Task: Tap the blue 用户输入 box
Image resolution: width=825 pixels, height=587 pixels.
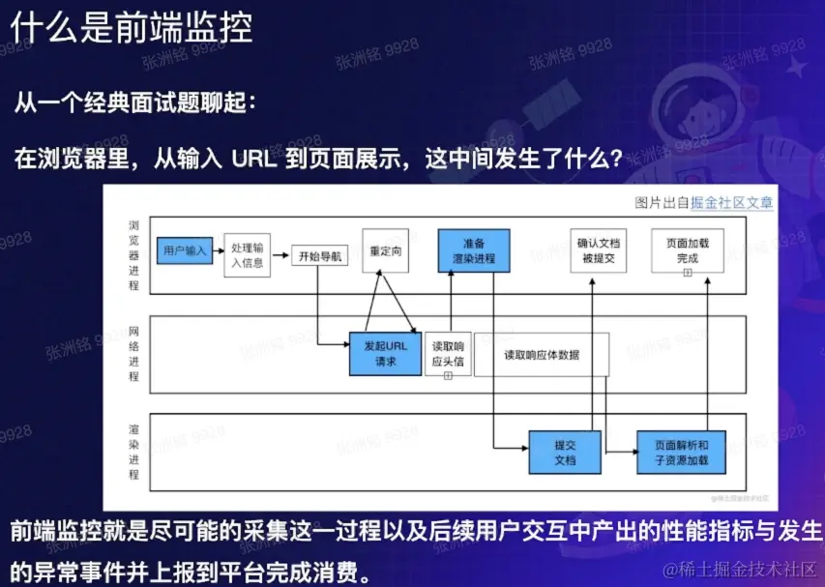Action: coord(185,250)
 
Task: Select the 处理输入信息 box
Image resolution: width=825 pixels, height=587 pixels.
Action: coord(247,254)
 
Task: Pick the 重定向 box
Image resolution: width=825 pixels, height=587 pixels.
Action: coord(387,249)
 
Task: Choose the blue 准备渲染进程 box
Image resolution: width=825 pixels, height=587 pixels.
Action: coord(473,250)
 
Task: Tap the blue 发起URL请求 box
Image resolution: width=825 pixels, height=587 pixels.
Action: coord(386,353)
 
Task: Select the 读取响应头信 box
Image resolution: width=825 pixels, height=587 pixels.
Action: coord(448,354)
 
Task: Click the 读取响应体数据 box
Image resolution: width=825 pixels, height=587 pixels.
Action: coord(542,355)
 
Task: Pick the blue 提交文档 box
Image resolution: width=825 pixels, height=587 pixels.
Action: coord(565,452)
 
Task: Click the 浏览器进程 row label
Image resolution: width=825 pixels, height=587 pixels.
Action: coord(133,254)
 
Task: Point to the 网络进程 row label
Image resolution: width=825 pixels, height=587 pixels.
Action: coord(133,353)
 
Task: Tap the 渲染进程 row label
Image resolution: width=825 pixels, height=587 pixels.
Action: coord(133,451)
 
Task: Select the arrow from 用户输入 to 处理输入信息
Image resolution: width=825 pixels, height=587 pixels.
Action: coord(218,251)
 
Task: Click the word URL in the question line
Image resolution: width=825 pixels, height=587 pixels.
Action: coord(255,159)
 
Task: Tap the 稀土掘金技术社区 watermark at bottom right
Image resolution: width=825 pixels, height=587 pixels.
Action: coord(745,569)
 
